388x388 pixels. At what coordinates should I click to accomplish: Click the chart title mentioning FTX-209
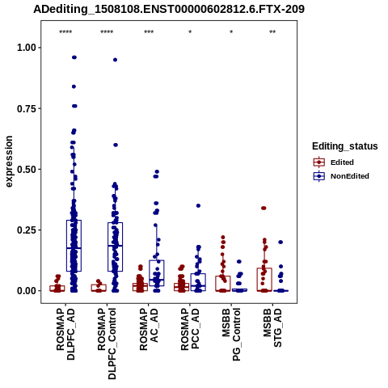(169, 9)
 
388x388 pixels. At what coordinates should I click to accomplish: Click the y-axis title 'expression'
(9, 162)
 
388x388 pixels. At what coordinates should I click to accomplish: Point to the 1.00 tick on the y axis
(27, 48)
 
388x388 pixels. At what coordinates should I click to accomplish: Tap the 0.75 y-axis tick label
(27, 108)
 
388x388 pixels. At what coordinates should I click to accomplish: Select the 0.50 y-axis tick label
(27, 170)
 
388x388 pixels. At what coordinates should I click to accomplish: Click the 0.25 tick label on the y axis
(27, 230)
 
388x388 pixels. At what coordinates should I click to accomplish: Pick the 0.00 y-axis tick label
(27, 291)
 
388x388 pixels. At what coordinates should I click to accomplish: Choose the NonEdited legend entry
(341, 176)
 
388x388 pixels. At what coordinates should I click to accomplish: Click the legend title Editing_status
(345, 146)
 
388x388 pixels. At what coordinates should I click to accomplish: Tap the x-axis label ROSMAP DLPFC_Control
(107, 344)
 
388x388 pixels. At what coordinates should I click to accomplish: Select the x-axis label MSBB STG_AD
(272, 327)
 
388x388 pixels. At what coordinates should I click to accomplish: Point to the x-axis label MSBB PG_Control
(231, 335)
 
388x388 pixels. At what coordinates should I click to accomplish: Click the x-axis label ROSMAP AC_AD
(149, 329)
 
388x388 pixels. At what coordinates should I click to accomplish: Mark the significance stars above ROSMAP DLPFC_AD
(65, 32)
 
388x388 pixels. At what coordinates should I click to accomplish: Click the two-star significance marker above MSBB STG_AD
(272, 32)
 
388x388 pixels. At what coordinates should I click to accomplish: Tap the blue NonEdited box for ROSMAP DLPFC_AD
(74, 246)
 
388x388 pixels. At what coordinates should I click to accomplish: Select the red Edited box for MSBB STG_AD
(264, 280)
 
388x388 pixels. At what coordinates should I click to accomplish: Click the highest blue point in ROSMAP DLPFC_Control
(115, 60)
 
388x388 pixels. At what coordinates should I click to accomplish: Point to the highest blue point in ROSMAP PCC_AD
(198, 205)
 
